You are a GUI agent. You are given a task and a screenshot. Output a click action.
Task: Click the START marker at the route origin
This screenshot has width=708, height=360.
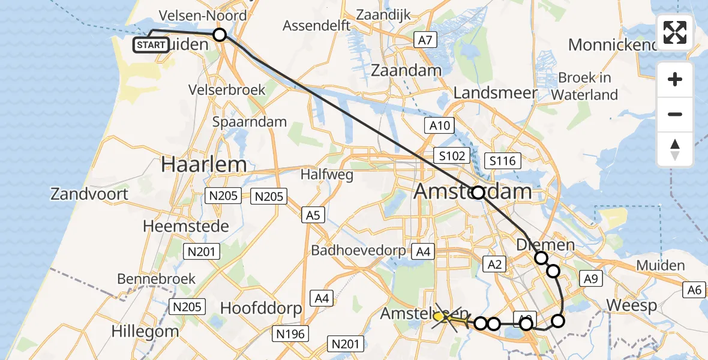coord(151,44)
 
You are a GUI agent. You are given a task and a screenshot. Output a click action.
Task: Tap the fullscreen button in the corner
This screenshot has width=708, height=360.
coord(675,32)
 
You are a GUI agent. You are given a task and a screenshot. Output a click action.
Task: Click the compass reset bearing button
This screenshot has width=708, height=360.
coord(675,149)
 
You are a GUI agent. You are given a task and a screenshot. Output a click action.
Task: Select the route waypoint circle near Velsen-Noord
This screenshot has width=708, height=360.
coord(220,35)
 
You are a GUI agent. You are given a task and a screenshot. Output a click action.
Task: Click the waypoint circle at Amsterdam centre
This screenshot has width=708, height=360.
coord(478,193)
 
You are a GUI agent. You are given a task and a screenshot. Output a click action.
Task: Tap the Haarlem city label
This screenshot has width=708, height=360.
coord(203,164)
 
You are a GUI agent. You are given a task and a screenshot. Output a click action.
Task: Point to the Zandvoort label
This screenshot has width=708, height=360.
coord(89,194)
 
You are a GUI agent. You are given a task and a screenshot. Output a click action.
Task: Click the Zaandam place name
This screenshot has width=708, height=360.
coord(406,70)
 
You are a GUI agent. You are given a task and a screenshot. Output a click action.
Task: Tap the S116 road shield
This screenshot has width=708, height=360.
coord(502,161)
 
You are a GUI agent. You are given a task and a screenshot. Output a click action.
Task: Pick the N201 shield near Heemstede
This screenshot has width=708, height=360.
coord(202,252)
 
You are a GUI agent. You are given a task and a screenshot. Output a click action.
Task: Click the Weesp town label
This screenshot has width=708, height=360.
coord(631,305)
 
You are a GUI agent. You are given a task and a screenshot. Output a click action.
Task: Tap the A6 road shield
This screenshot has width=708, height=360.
coord(695,290)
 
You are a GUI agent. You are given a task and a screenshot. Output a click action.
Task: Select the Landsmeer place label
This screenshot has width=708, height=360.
coord(496,93)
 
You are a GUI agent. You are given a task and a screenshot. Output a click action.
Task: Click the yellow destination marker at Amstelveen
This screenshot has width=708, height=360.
coord(439,316)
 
